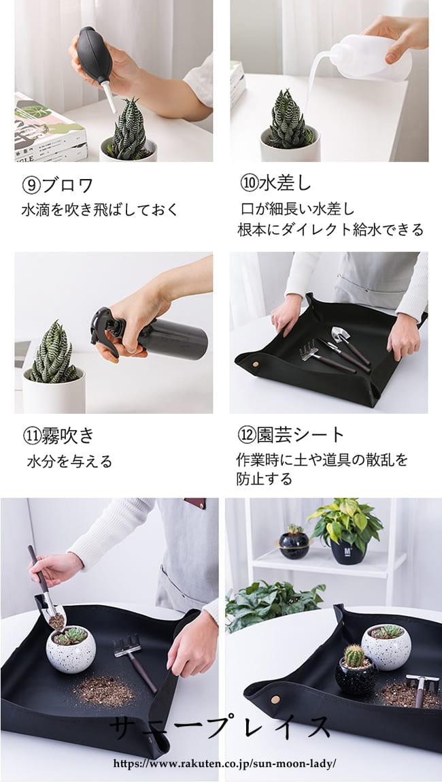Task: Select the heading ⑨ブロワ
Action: (58, 186)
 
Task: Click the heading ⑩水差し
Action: (275, 183)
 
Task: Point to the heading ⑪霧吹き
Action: (58, 436)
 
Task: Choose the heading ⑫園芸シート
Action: (290, 435)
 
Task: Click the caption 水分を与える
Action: (70, 461)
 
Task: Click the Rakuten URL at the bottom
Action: (224, 764)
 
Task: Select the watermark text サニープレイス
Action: (220, 729)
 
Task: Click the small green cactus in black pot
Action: (354, 656)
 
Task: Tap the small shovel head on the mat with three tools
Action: (341, 335)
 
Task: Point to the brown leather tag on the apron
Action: (195, 503)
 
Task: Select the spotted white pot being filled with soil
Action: (71, 649)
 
